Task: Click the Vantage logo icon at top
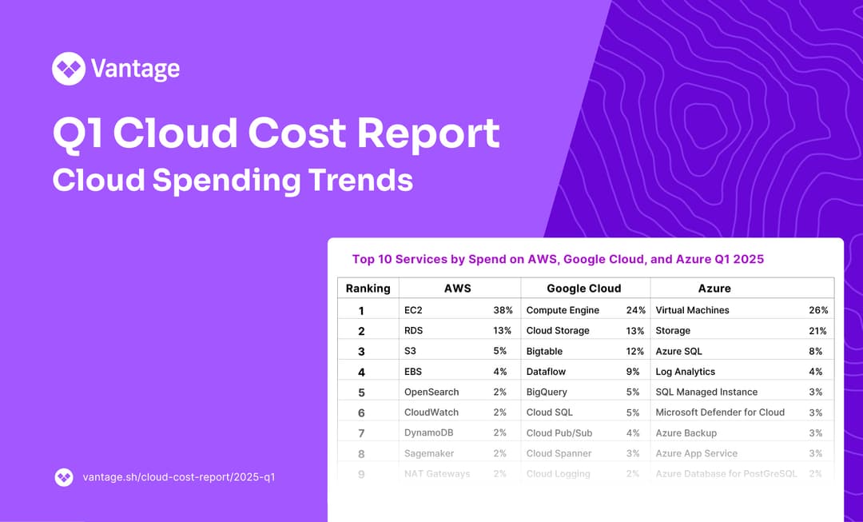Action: [x=69, y=69]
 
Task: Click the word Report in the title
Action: [x=428, y=133]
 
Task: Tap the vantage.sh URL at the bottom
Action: [x=179, y=477]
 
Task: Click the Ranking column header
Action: [x=368, y=289]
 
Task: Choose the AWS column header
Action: [x=458, y=289]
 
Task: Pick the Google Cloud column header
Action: [x=583, y=289]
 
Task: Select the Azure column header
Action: [x=714, y=289]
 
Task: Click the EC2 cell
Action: [x=415, y=310]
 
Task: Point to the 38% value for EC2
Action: [x=503, y=310]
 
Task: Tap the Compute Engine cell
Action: [x=563, y=310]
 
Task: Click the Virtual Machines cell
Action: [x=692, y=310]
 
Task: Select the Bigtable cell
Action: [x=544, y=351]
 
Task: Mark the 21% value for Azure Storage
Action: [x=817, y=331]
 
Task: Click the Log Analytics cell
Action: [x=685, y=372]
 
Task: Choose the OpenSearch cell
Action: [x=431, y=392]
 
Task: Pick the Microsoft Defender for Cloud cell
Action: [x=720, y=412]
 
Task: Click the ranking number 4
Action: [x=361, y=372]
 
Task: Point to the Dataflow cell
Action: [x=547, y=372]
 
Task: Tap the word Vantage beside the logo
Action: [x=135, y=69]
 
